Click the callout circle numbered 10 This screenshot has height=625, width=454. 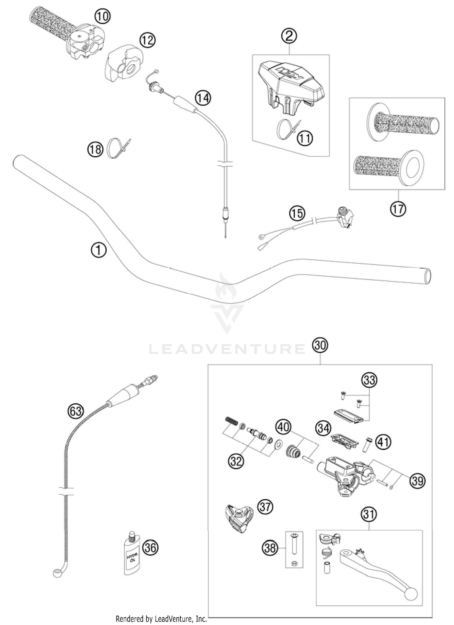tap(102, 16)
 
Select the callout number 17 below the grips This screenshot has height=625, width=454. tap(398, 209)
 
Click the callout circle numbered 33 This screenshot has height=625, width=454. tap(370, 380)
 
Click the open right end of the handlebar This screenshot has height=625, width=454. tap(427, 276)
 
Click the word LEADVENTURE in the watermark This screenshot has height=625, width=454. tap(227, 349)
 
